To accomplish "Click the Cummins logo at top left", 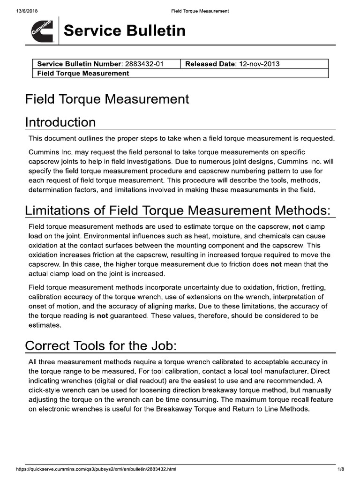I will coord(42,31).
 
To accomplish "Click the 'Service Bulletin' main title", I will coord(124,31).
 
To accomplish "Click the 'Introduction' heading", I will coord(60,122).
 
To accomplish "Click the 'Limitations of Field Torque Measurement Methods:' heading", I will coord(180,211).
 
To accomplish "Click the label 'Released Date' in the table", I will coord(209,64).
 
